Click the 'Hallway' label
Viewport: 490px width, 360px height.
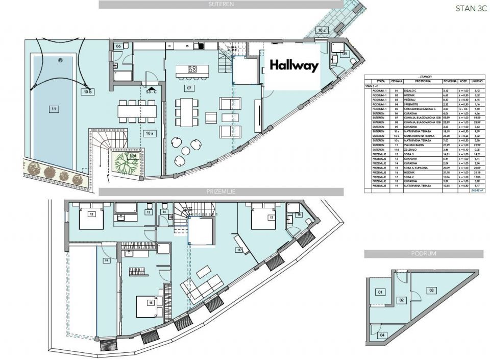(293, 65)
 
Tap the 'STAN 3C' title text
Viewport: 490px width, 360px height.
(468, 8)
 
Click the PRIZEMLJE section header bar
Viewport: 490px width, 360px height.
(221, 192)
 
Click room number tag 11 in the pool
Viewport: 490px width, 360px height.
(53, 108)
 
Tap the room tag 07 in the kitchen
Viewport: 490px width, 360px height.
(190, 87)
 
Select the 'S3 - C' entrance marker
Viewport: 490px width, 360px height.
(151, 92)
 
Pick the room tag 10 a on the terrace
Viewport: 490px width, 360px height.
(149, 134)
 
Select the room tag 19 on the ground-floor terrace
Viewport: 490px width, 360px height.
(107, 260)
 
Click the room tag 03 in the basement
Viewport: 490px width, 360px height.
(431, 290)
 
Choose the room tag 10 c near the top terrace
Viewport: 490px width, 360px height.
(322, 30)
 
